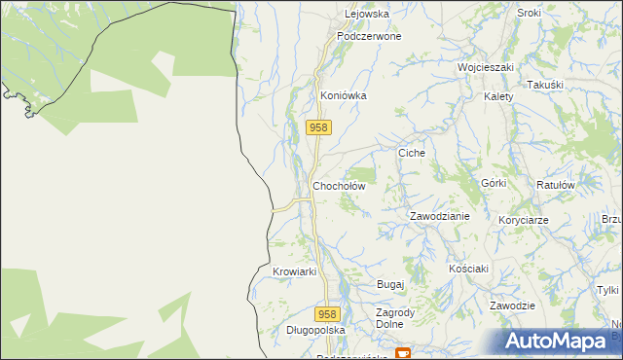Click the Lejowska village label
(x=367, y=15)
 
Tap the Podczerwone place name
(x=369, y=36)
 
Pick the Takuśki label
(x=545, y=86)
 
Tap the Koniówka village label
(x=343, y=96)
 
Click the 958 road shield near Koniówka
(x=318, y=127)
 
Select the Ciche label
(x=413, y=154)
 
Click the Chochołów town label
(x=339, y=185)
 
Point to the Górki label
(x=494, y=183)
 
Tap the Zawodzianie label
(x=439, y=216)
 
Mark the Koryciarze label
(x=523, y=221)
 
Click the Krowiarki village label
(x=295, y=271)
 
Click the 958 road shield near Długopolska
(x=328, y=314)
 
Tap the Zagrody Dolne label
(x=396, y=318)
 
